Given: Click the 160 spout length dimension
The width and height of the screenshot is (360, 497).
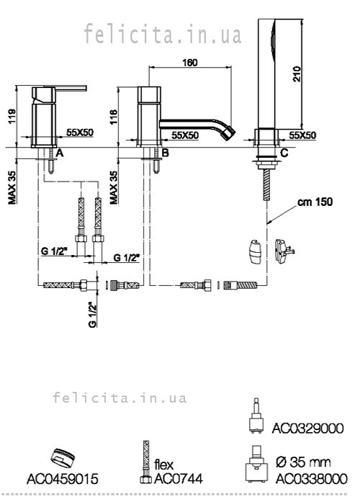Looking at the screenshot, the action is (x=190, y=63).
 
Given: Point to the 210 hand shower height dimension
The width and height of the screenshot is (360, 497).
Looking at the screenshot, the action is (x=297, y=73).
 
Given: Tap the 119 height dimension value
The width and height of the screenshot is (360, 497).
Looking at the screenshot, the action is (x=12, y=117).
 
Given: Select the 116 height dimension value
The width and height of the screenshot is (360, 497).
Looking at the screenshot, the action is (x=114, y=117).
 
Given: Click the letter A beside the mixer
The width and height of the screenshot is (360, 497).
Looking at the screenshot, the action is (x=60, y=153).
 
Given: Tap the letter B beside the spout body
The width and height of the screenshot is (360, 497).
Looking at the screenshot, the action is (x=165, y=153).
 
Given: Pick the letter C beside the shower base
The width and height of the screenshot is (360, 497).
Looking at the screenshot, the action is (x=284, y=153).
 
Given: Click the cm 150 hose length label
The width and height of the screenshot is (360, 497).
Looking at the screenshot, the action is (x=315, y=202).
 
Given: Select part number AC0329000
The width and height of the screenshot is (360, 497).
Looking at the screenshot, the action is (x=307, y=429).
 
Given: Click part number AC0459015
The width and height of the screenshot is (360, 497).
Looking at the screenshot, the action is (x=63, y=478).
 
